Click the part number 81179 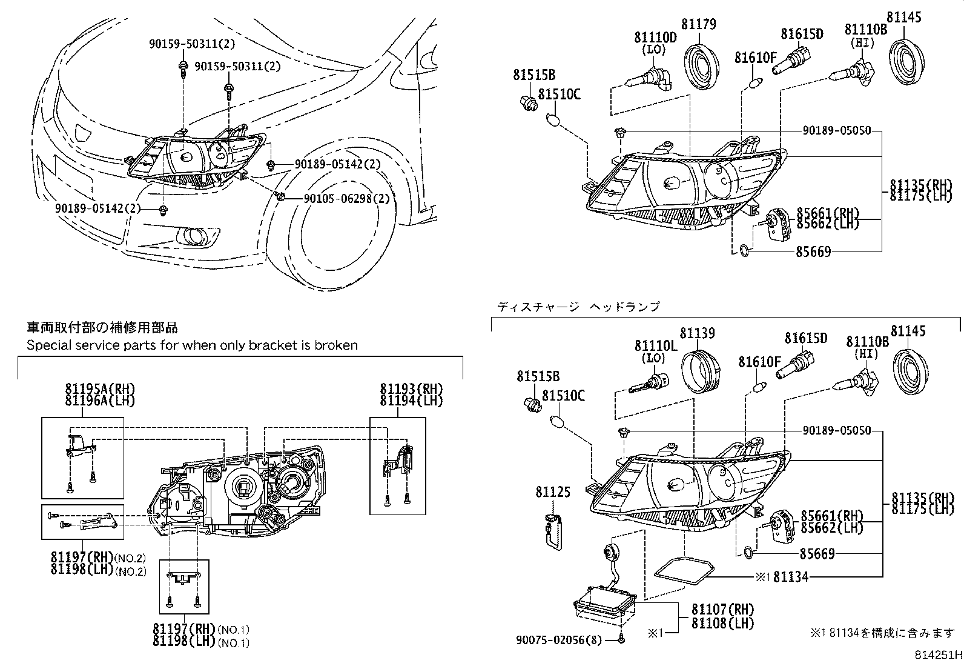(x=698, y=24)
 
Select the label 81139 (x=697, y=333)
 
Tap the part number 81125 (x=552, y=492)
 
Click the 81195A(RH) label (x=100, y=389)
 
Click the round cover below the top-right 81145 (x=908, y=59)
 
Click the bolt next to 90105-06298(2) (x=280, y=195)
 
